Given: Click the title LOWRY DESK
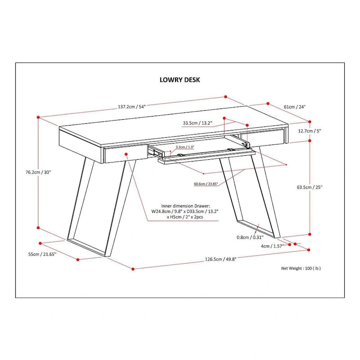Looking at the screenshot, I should [x=180, y=80].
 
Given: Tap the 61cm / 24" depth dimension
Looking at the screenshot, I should [x=294, y=107].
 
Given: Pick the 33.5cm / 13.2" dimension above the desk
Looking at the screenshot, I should [x=197, y=122].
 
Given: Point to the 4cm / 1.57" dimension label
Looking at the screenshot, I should [x=271, y=246].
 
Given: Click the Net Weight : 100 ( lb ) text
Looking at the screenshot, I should [x=301, y=268].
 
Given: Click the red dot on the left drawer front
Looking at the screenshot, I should [x=127, y=154].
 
